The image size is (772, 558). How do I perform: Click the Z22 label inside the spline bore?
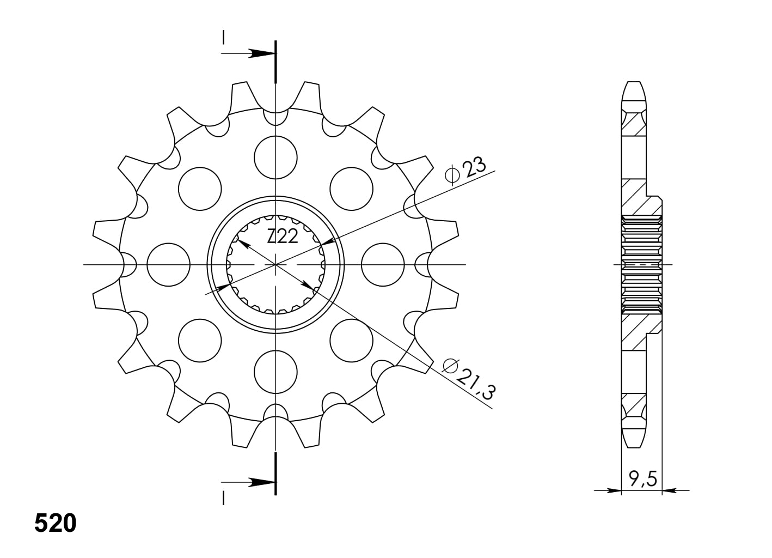[x=282, y=237]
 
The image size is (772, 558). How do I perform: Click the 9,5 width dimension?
[x=643, y=479]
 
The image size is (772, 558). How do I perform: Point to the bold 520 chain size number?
[x=55, y=523]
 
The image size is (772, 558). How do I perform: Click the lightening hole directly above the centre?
[x=275, y=157]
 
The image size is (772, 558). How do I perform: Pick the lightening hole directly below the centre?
[x=275, y=372]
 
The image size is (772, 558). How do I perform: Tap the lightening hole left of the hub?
[x=168, y=264]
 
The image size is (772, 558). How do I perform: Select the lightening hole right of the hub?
[x=383, y=264]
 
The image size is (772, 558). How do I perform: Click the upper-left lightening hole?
[x=200, y=189]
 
